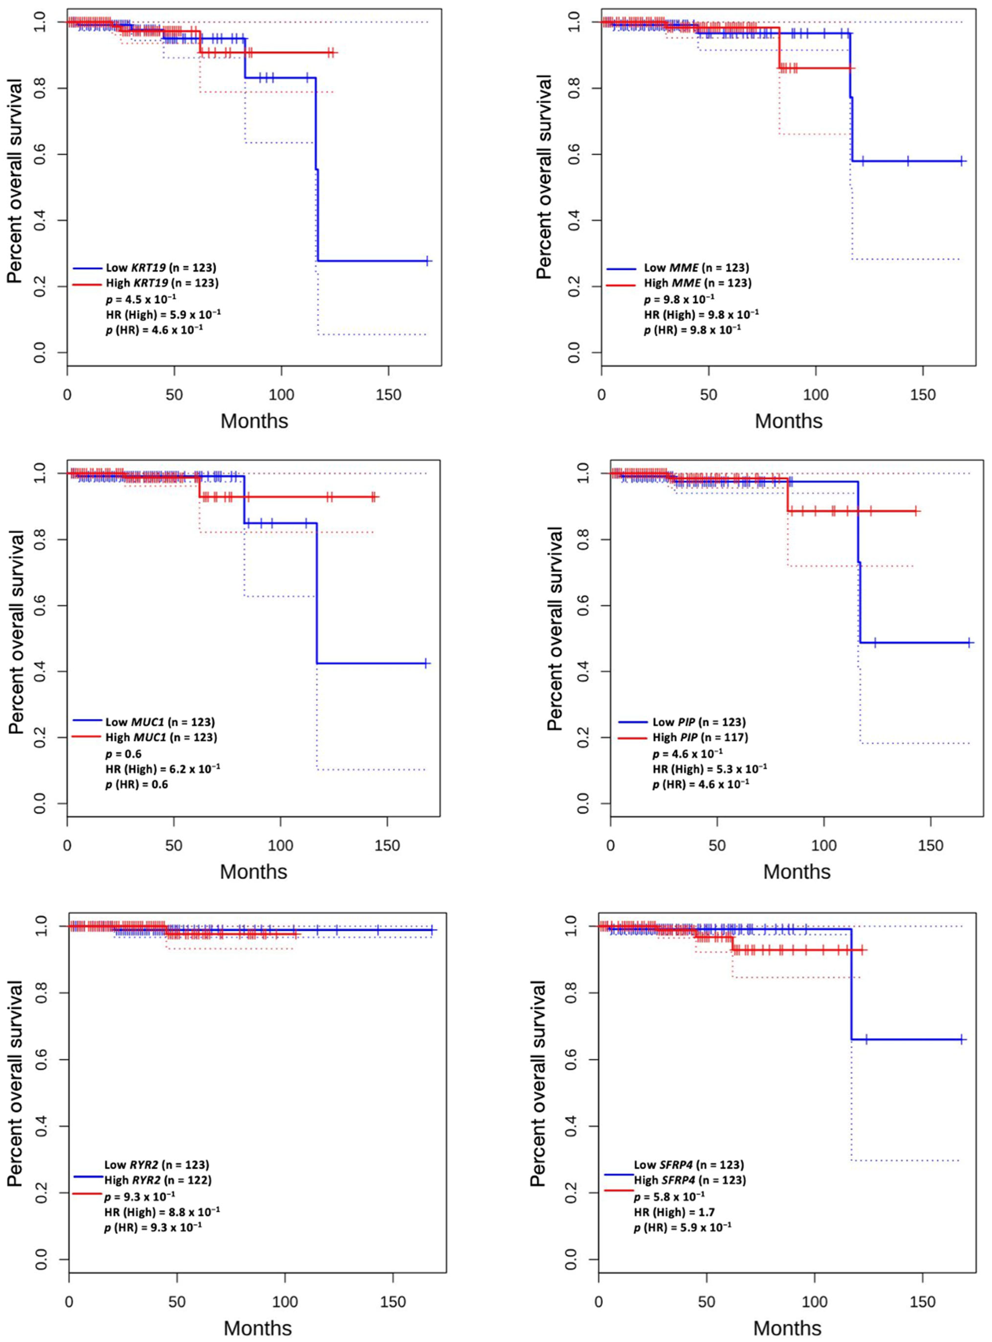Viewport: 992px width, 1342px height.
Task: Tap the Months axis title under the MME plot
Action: point(788,421)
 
